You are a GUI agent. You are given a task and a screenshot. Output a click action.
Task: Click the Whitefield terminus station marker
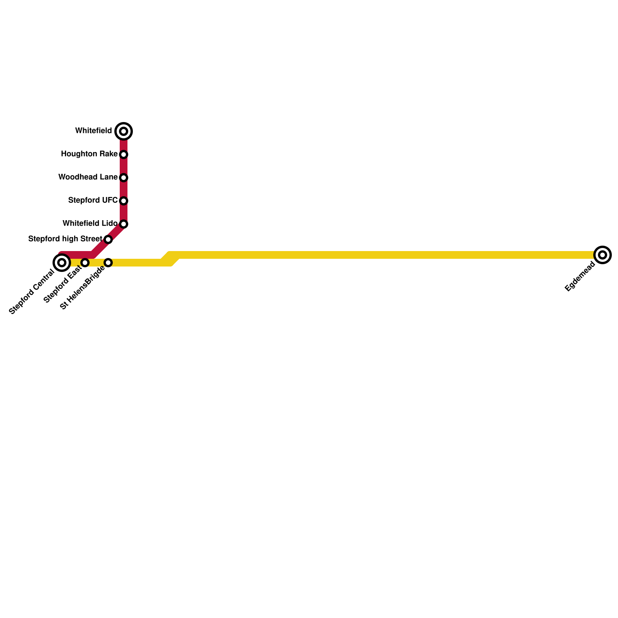(124, 131)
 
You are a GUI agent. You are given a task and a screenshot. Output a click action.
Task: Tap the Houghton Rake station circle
(124, 154)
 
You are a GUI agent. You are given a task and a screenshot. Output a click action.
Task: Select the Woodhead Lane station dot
(124, 178)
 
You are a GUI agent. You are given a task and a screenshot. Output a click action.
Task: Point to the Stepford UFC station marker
(124, 201)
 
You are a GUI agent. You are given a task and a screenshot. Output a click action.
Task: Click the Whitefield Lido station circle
(124, 224)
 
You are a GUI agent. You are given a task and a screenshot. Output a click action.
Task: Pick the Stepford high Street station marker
(108, 239)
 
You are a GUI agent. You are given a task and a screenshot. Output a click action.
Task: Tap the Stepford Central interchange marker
(61, 263)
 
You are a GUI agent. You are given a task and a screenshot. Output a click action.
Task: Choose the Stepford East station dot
(85, 263)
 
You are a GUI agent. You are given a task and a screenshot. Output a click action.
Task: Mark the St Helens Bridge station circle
(108, 263)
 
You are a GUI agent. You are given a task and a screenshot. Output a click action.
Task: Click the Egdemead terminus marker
(603, 255)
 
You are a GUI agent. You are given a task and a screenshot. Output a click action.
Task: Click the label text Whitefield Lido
(90, 224)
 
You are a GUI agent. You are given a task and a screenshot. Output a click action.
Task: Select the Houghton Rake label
(89, 154)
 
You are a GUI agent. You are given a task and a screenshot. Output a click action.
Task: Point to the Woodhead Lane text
(88, 177)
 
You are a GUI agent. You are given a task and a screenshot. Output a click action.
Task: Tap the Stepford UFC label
(93, 200)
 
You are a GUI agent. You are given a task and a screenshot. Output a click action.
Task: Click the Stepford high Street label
(65, 239)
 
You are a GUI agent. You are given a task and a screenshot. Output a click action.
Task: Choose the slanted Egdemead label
(580, 277)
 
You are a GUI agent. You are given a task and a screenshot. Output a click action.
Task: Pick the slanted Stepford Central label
(32, 292)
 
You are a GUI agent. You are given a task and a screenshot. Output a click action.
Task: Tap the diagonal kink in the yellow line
(170, 259)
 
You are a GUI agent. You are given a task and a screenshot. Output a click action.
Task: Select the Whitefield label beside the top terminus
(93, 131)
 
